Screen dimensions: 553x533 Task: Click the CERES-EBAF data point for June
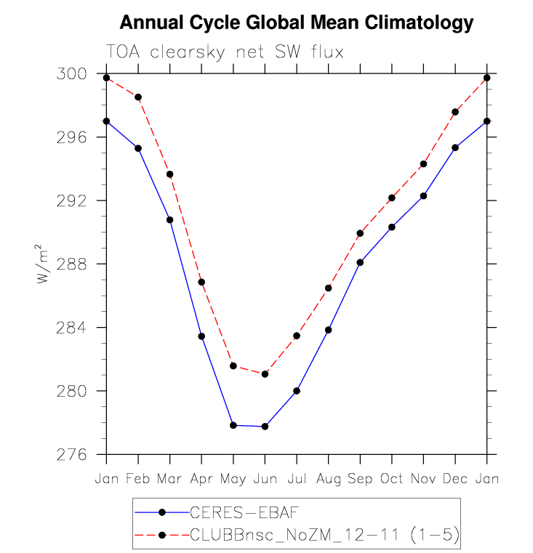click(x=265, y=427)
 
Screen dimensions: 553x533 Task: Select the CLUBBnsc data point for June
click(x=265, y=374)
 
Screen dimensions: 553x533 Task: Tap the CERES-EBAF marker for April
click(x=201, y=336)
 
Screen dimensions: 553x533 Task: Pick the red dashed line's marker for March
click(x=170, y=174)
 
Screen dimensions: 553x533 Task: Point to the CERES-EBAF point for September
click(x=360, y=262)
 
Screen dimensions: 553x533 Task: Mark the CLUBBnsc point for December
click(x=455, y=112)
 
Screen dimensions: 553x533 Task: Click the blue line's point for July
click(x=297, y=391)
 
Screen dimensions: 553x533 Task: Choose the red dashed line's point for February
click(x=138, y=97)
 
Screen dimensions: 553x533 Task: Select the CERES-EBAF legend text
click(x=233, y=512)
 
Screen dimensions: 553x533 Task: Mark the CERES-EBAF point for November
click(x=423, y=196)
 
